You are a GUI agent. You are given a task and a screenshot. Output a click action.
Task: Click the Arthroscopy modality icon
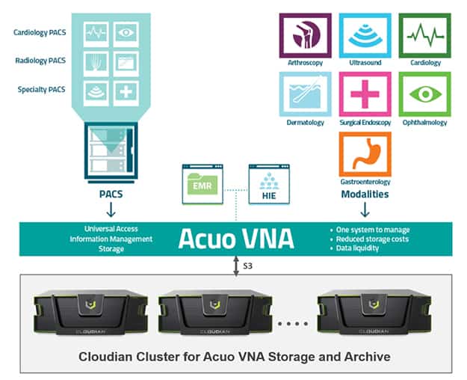click(306, 35)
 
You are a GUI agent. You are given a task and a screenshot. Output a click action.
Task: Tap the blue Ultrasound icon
click(365, 35)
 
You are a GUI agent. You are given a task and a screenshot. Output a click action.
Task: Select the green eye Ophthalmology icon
click(425, 94)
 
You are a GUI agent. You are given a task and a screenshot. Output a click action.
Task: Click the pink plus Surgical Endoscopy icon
click(365, 94)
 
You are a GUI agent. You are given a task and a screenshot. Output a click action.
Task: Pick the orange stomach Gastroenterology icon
click(365, 154)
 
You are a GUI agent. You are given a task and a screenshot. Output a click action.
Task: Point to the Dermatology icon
click(306, 94)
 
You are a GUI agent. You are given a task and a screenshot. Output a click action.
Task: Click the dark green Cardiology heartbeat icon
click(425, 35)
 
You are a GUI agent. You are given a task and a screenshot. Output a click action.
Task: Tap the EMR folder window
click(202, 184)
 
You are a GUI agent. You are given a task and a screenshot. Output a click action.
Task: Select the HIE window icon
click(269, 184)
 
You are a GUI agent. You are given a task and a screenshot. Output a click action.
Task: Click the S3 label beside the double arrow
click(248, 266)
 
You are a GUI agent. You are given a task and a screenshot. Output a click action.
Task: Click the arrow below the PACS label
click(111, 209)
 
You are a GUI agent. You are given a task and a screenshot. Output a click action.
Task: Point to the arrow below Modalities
click(365, 209)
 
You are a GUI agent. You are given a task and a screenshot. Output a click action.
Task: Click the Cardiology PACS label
click(40, 32)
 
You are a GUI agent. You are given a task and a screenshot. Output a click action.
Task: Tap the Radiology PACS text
click(40, 61)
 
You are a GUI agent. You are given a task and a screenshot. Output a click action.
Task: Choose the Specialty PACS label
click(41, 90)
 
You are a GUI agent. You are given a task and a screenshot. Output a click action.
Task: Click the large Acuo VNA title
click(236, 239)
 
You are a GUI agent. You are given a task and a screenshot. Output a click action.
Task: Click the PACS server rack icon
click(111, 152)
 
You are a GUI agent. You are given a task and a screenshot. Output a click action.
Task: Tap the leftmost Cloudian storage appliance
click(90, 311)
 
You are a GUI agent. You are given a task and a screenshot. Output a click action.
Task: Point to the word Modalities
click(365, 194)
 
